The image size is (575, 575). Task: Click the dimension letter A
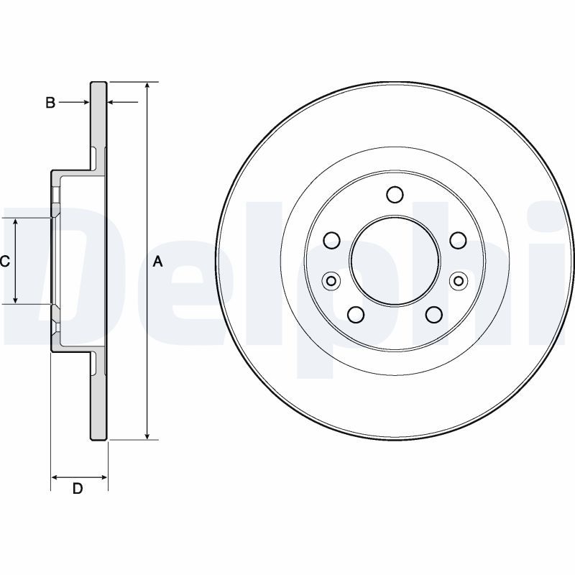click(158, 262)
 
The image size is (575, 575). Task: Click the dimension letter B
click(50, 103)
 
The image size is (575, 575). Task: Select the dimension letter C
click(5, 262)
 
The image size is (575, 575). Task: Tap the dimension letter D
click(78, 489)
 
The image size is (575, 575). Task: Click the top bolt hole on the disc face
click(395, 195)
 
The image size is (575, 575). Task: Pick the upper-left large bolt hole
click(331, 240)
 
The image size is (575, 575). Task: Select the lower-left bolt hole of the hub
click(355, 315)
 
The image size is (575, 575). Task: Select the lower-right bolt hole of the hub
click(433, 315)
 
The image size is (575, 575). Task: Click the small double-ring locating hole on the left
click(331, 280)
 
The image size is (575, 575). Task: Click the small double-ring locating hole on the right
click(458, 280)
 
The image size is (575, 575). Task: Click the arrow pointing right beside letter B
click(84, 103)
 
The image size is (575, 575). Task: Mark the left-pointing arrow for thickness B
click(113, 103)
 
